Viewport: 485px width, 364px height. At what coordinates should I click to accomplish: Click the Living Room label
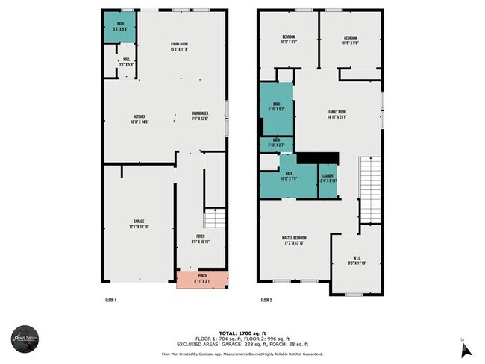tap(178, 47)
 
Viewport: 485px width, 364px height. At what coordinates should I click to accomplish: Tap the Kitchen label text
tap(140, 119)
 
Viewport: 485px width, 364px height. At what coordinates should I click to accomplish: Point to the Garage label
tap(139, 222)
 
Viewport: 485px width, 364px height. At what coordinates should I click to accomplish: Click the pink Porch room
tap(202, 278)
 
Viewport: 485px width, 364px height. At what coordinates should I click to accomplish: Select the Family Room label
tap(337, 114)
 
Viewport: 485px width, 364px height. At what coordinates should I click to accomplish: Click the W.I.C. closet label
tap(354, 261)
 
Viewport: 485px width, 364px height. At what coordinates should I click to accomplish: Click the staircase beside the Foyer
tap(214, 219)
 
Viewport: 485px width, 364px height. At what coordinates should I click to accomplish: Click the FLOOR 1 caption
tap(110, 300)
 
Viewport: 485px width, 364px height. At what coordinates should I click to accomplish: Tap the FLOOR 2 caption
tap(266, 300)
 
